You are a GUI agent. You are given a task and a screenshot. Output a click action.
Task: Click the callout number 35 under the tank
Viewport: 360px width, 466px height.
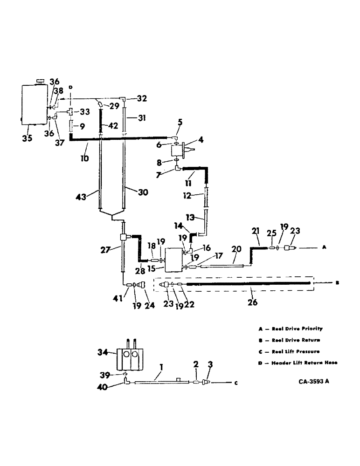pyautogui.click(x=27, y=138)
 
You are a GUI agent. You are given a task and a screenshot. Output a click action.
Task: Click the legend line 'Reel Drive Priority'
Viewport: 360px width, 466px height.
pyautogui.click(x=298, y=328)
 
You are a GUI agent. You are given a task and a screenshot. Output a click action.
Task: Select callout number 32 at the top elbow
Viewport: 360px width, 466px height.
pyautogui.click(x=142, y=98)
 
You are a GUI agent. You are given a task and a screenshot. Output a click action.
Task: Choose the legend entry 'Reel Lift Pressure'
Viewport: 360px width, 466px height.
pyautogui.click(x=298, y=351)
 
